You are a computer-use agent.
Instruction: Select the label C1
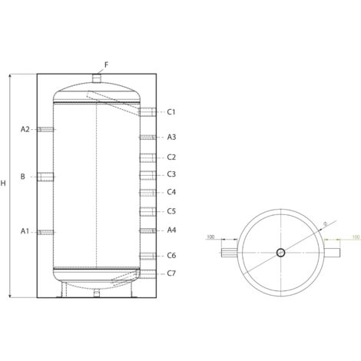pyautogui.click(x=171, y=112)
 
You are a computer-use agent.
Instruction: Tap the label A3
pyautogui.click(x=171, y=137)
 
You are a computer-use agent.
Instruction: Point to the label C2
pyautogui.click(x=171, y=157)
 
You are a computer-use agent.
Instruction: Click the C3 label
pyautogui.click(x=171, y=174)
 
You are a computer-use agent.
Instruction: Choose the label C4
pyautogui.click(x=171, y=192)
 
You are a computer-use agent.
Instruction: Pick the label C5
pyautogui.click(x=171, y=211)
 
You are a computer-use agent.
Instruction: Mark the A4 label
pyautogui.click(x=171, y=230)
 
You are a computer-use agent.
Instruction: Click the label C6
pyautogui.click(x=171, y=255)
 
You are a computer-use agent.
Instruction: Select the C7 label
pyautogui.click(x=171, y=273)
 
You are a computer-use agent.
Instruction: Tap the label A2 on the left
pyautogui.click(x=25, y=129)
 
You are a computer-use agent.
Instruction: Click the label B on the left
pyautogui.click(x=23, y=177)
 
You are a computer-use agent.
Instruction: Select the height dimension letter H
pyautogui.click(x=4, y=183)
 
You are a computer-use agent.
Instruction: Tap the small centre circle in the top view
pyautogui.click(x=281, y=252)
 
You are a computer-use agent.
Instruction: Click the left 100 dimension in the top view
pyautogui.click(x=210, y=237)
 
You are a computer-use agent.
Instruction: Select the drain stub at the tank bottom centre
pyautogui.click(x=96, y=293)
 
